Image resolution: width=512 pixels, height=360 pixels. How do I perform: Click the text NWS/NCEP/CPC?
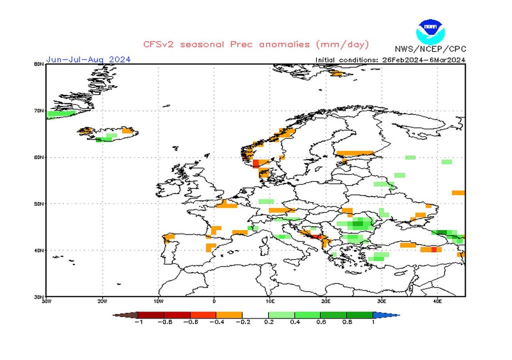430,49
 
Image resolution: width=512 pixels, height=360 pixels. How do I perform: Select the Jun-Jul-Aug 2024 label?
88,59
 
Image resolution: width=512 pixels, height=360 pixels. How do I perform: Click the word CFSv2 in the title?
159,44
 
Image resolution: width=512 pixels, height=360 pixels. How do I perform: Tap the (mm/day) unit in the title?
342,44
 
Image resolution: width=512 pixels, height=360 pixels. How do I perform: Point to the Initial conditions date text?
390,60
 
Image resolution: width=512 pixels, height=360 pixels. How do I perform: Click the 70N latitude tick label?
39,110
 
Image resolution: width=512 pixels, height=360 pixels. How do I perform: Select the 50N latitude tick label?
39,203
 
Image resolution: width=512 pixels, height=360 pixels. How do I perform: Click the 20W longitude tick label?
102,301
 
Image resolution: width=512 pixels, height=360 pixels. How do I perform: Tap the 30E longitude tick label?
381,301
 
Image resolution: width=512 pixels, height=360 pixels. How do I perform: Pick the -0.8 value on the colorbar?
164,322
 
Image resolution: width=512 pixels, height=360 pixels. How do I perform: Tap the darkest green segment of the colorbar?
359,315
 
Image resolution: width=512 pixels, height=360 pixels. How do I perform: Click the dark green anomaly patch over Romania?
358,224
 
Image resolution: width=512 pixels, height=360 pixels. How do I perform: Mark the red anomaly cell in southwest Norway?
256,163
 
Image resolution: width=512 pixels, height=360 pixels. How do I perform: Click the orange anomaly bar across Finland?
354,153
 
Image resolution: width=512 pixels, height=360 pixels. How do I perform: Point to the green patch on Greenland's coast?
59,114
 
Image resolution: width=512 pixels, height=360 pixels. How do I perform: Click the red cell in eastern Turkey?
433,249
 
